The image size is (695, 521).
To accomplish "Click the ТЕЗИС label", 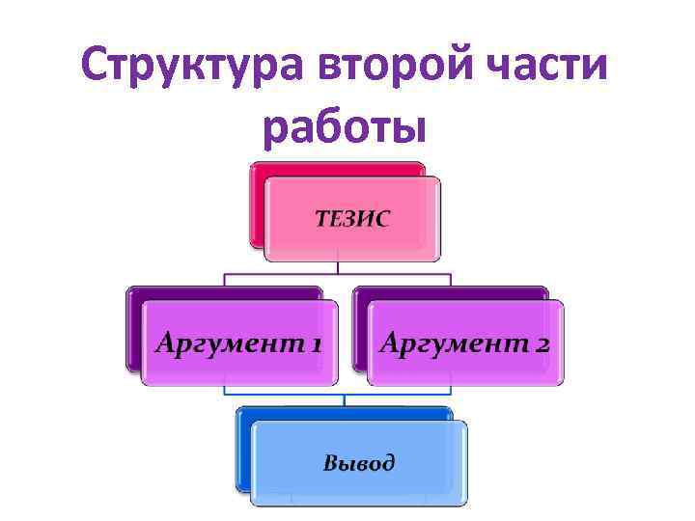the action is pos(352,219).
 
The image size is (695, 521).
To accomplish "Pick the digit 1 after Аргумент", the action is pos(315,344).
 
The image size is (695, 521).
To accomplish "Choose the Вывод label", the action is pos(358,462).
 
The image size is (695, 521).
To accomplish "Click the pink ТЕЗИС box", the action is pos(352,241).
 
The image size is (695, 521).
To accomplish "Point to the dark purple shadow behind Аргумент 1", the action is pos(134,328).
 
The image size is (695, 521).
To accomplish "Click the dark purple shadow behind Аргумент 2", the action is pos(359,328).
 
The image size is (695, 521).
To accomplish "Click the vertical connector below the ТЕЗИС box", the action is pos(338,267).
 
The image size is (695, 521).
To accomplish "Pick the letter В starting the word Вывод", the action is pos(330,462).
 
